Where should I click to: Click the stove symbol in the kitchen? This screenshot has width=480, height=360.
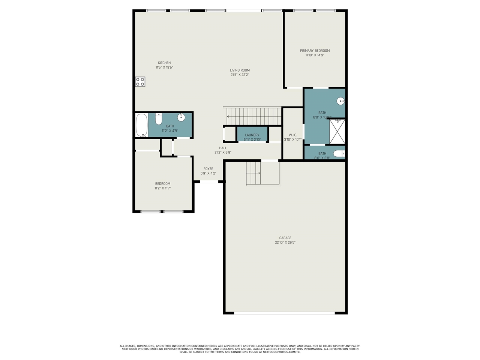click(x=140, y=82)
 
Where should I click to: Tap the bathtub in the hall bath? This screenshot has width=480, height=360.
click(x=141, y=125)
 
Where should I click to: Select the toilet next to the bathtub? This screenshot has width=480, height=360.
click(x=159, y=119)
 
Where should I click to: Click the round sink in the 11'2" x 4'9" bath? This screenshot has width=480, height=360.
click(x=181, y=117)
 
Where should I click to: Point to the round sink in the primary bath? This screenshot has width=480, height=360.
click(x=341, y=101)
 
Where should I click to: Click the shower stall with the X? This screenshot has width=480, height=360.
click(x=337, y=132)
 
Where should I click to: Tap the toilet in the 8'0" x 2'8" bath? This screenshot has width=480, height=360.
click(x=339, y=153)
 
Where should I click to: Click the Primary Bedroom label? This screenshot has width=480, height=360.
click(x=315, y=51)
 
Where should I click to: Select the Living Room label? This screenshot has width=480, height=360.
click(x=240, y=70)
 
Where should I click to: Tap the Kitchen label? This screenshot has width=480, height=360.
click(x=164, y=63)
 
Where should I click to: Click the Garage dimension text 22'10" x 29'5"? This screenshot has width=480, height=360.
click(x=285, y=242)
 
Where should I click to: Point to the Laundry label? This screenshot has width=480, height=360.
click(x=252, y=135)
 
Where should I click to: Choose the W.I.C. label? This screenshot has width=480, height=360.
click(x=292, y=135)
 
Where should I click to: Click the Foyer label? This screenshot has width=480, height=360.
click(x=208, y=169)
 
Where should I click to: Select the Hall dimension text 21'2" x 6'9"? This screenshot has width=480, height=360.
click(x=223, y=153)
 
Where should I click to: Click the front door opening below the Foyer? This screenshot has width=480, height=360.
click(x=209, y=181)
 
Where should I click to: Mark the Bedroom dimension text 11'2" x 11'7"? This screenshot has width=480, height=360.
click(x=162, y=188)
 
